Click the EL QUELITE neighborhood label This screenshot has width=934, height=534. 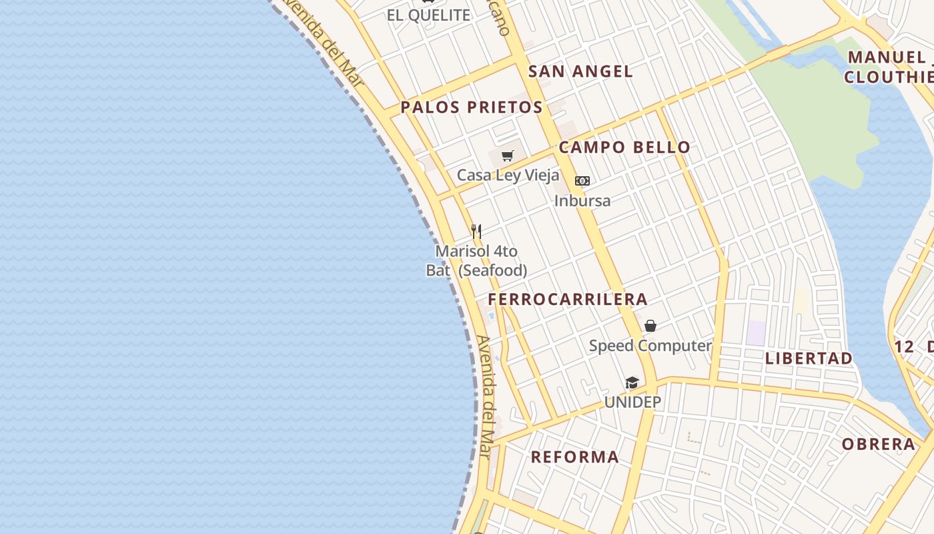coord(428,15)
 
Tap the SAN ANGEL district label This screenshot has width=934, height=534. coord(580,71)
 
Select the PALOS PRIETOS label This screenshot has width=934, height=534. coord(472,107)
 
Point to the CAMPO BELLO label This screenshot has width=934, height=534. coord(624,148)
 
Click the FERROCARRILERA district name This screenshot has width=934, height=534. coord(568,299)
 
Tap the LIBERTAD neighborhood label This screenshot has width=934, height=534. coord(809,358)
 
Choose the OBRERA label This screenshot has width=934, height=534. coord(878,444)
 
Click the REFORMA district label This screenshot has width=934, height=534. coord(574,457)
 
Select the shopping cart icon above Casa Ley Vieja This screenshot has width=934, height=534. coord(508,156)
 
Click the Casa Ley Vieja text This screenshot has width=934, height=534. coord(508,175)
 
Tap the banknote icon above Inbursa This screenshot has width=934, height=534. coord(582,181)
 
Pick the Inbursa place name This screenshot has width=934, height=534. coord(582,200)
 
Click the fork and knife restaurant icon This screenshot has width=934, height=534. coord(476,232)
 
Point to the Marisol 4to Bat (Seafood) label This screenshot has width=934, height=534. coord(476,261)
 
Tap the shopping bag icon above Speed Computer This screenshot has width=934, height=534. coord(650,326)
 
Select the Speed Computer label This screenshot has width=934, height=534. coord(650,346)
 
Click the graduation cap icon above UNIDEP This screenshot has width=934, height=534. coord(632,382)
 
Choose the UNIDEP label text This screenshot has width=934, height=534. coord(632,402)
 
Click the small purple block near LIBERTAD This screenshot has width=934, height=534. coord(756,333)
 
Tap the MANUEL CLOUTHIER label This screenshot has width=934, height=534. coord(889,67)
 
